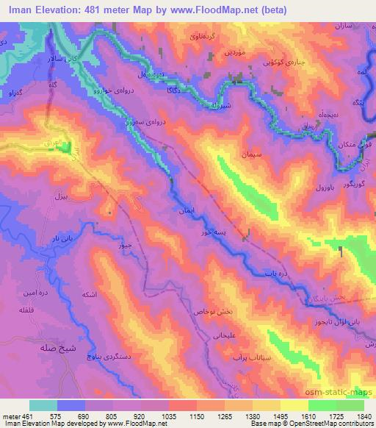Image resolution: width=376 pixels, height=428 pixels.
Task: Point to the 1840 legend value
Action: click(x=364, y=415)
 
